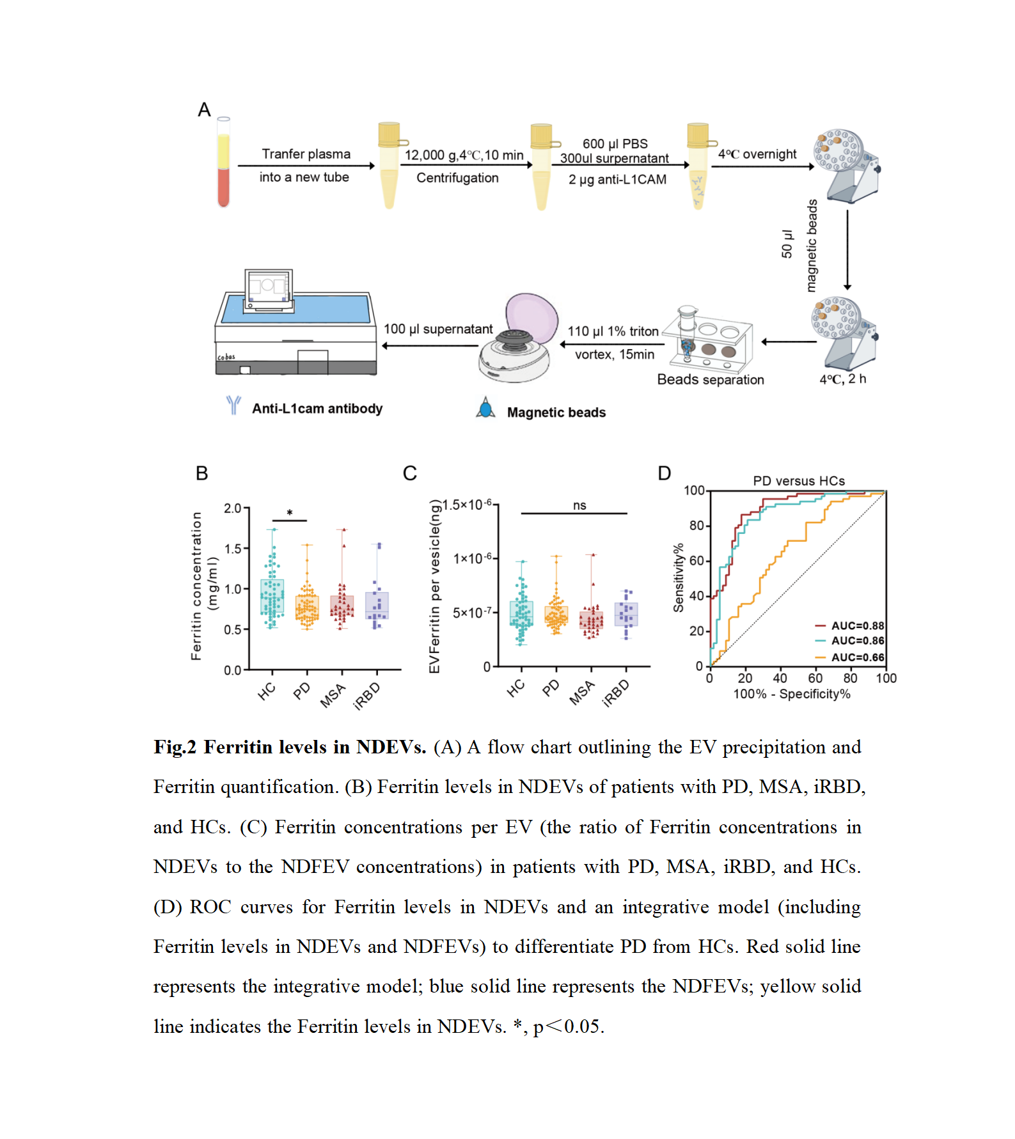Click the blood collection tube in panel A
point(223,163)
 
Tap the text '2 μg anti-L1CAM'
point(617,180)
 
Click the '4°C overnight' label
point(757,154)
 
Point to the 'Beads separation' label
point(711,380)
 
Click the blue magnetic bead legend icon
point(486,408)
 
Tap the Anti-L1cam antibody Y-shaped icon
point(233,405)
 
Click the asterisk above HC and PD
point(290,513)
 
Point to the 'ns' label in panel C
point(579,505)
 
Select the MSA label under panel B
point(333,695)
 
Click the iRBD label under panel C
point(617,693)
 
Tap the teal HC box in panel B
point(272,597)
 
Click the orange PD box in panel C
point(556,615)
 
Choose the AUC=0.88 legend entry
point(850,625)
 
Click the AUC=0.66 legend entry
point(850,657)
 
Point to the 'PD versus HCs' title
point(799,481)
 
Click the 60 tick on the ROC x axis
point(815,678)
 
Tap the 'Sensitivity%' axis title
point(679,577)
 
